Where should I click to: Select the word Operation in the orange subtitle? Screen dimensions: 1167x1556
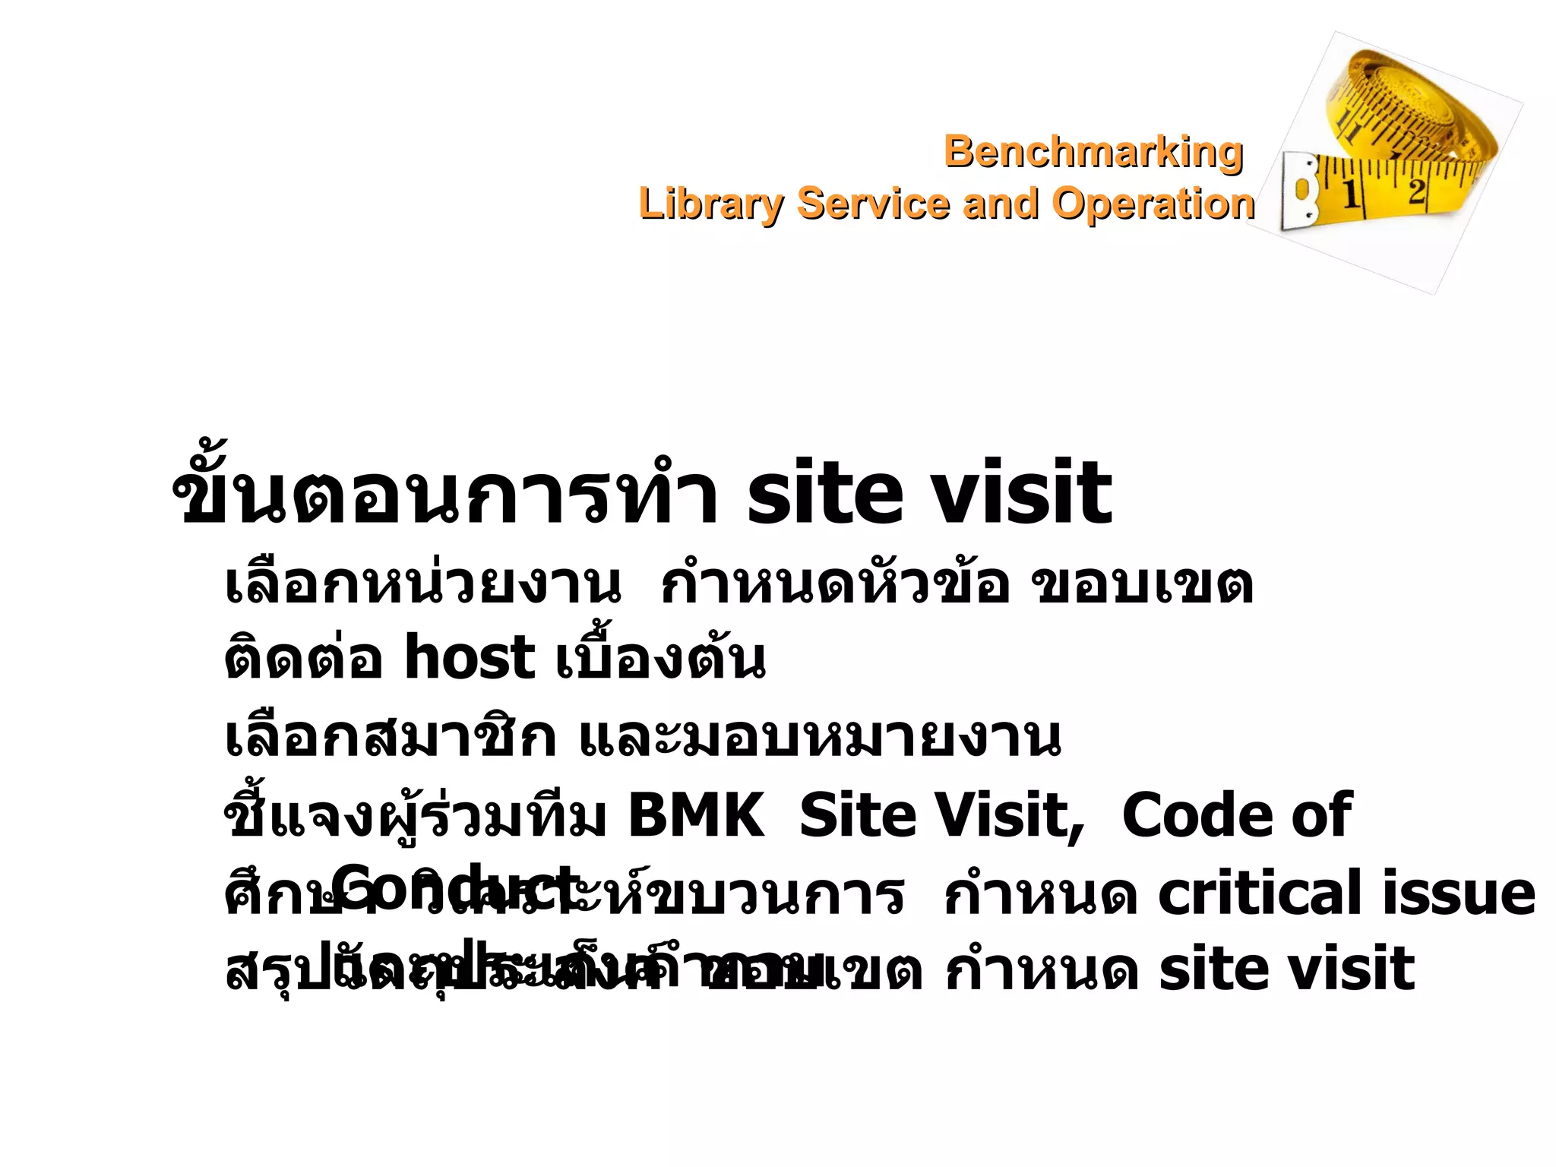click(1153, 204)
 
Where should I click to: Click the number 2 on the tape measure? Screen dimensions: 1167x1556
click(1415, 190)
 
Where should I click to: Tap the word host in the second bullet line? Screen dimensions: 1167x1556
click(469, 658)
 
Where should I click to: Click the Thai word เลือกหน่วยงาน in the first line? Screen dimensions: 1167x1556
click(422, 585)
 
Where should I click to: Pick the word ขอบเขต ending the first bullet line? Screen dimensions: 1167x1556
click(1142, 585)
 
